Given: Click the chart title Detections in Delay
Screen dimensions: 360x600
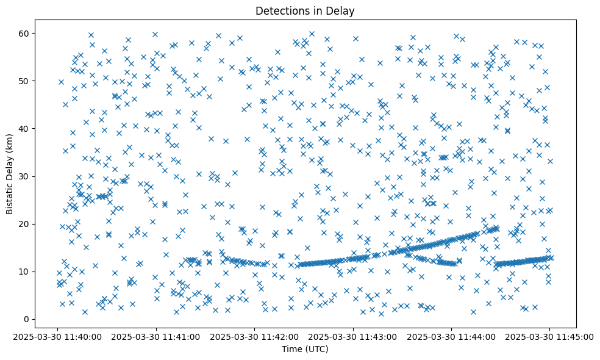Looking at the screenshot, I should point(305,11).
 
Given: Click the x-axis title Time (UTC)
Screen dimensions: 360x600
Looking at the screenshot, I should point(305,349).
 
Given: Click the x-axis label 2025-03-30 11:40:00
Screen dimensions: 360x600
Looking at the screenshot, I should point(57,336).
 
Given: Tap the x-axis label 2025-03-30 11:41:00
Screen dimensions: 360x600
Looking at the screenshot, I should point(156,336).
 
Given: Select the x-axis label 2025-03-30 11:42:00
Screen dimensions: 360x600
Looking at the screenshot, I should point(254,336).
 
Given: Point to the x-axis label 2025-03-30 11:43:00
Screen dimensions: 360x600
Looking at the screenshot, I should point(353,336).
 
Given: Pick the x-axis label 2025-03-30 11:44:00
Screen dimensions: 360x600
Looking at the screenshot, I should point(451,336).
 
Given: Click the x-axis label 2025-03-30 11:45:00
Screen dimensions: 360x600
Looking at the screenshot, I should point(550,336).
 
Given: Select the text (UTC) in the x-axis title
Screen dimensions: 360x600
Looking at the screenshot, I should point(316,349).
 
